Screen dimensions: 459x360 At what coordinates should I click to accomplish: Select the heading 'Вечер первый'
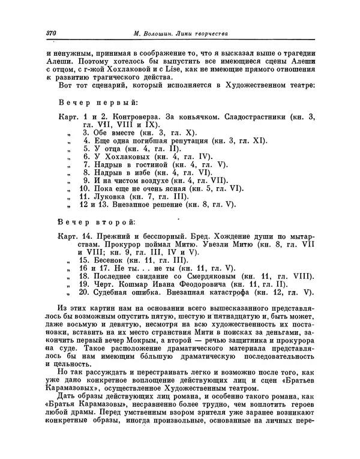[97, 101]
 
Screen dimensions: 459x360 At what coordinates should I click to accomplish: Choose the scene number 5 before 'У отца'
[86, 148]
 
